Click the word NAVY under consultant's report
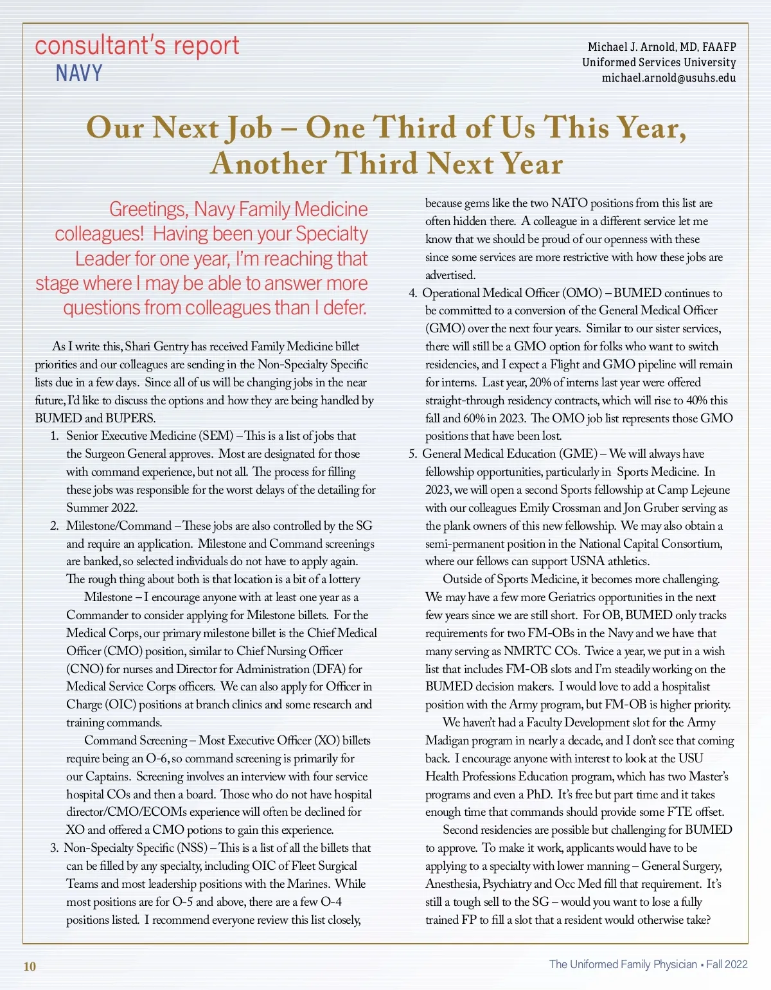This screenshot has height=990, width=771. click(78, 73)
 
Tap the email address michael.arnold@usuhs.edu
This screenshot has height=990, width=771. click(668, 78)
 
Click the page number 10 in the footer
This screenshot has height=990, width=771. click(30, 966)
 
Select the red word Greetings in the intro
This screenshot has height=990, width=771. click(148, 209)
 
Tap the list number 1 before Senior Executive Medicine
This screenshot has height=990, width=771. click(55, 436)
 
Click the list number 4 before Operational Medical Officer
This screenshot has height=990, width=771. click(412, 293)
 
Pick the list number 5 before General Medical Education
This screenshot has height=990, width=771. click(412, 454)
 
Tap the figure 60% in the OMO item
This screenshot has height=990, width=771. click(474, 418)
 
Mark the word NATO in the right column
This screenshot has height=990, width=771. click(569, 203)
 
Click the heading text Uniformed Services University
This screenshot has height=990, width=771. click(659, 62)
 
